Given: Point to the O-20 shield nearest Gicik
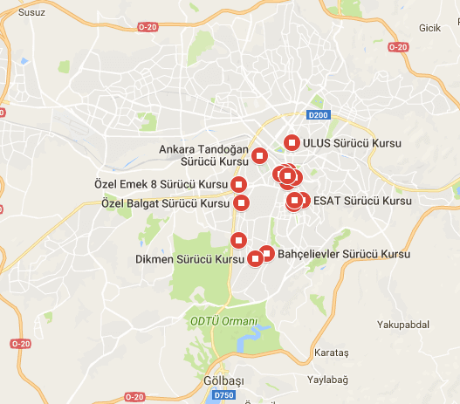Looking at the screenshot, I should (x=397, y=46).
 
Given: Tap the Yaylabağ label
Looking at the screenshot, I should (x=327, y=380).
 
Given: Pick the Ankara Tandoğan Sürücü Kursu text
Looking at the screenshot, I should (x=203, y=155).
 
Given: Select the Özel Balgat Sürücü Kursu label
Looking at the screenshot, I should (x=166, y=203).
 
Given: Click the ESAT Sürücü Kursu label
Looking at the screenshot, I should (x=360, y=201).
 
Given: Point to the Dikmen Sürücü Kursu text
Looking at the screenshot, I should (x=190, y=259).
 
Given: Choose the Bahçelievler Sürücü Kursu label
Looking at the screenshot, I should (x=345, y=254).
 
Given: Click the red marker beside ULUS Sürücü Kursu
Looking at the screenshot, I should (x=292, y=141).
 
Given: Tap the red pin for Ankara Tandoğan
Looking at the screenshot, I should (x=260, y=156).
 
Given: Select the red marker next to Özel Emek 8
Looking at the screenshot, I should (x=239, y=183).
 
